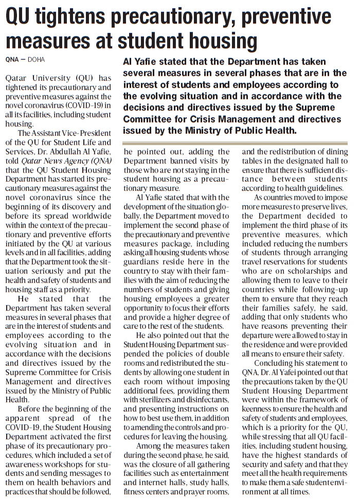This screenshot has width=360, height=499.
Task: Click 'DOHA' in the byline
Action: (x=36, y=60)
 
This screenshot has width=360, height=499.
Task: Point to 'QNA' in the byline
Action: (x=12, y=60)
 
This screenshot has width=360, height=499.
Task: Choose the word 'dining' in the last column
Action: (x=336, y=152)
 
